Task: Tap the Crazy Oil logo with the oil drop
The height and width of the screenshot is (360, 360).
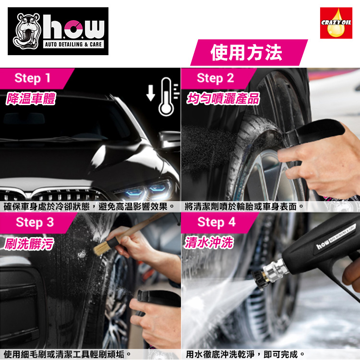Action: (336, 23)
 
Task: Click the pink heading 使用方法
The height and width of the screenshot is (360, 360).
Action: (246, 53)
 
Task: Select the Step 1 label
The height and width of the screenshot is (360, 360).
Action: (32, 78)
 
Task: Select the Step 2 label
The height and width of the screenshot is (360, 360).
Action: (216, 78)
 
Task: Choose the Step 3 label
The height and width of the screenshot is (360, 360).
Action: (35, 222)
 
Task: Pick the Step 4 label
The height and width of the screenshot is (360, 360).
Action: (216, 222)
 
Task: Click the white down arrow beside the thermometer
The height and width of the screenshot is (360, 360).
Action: (151, 93)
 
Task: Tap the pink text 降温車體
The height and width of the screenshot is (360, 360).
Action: (31, 99)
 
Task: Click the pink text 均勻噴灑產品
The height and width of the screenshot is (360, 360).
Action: (223, 99)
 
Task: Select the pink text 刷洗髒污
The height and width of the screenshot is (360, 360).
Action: (29, 243)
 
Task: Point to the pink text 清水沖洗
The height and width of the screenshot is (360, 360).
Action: (209, 242)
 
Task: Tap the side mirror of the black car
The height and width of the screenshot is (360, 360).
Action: (169, 139)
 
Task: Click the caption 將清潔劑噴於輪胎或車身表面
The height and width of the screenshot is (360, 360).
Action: (244, 207)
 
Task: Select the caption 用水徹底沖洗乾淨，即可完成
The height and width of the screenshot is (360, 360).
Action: (245, 354)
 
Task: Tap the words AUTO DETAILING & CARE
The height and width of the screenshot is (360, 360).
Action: (73, 44)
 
